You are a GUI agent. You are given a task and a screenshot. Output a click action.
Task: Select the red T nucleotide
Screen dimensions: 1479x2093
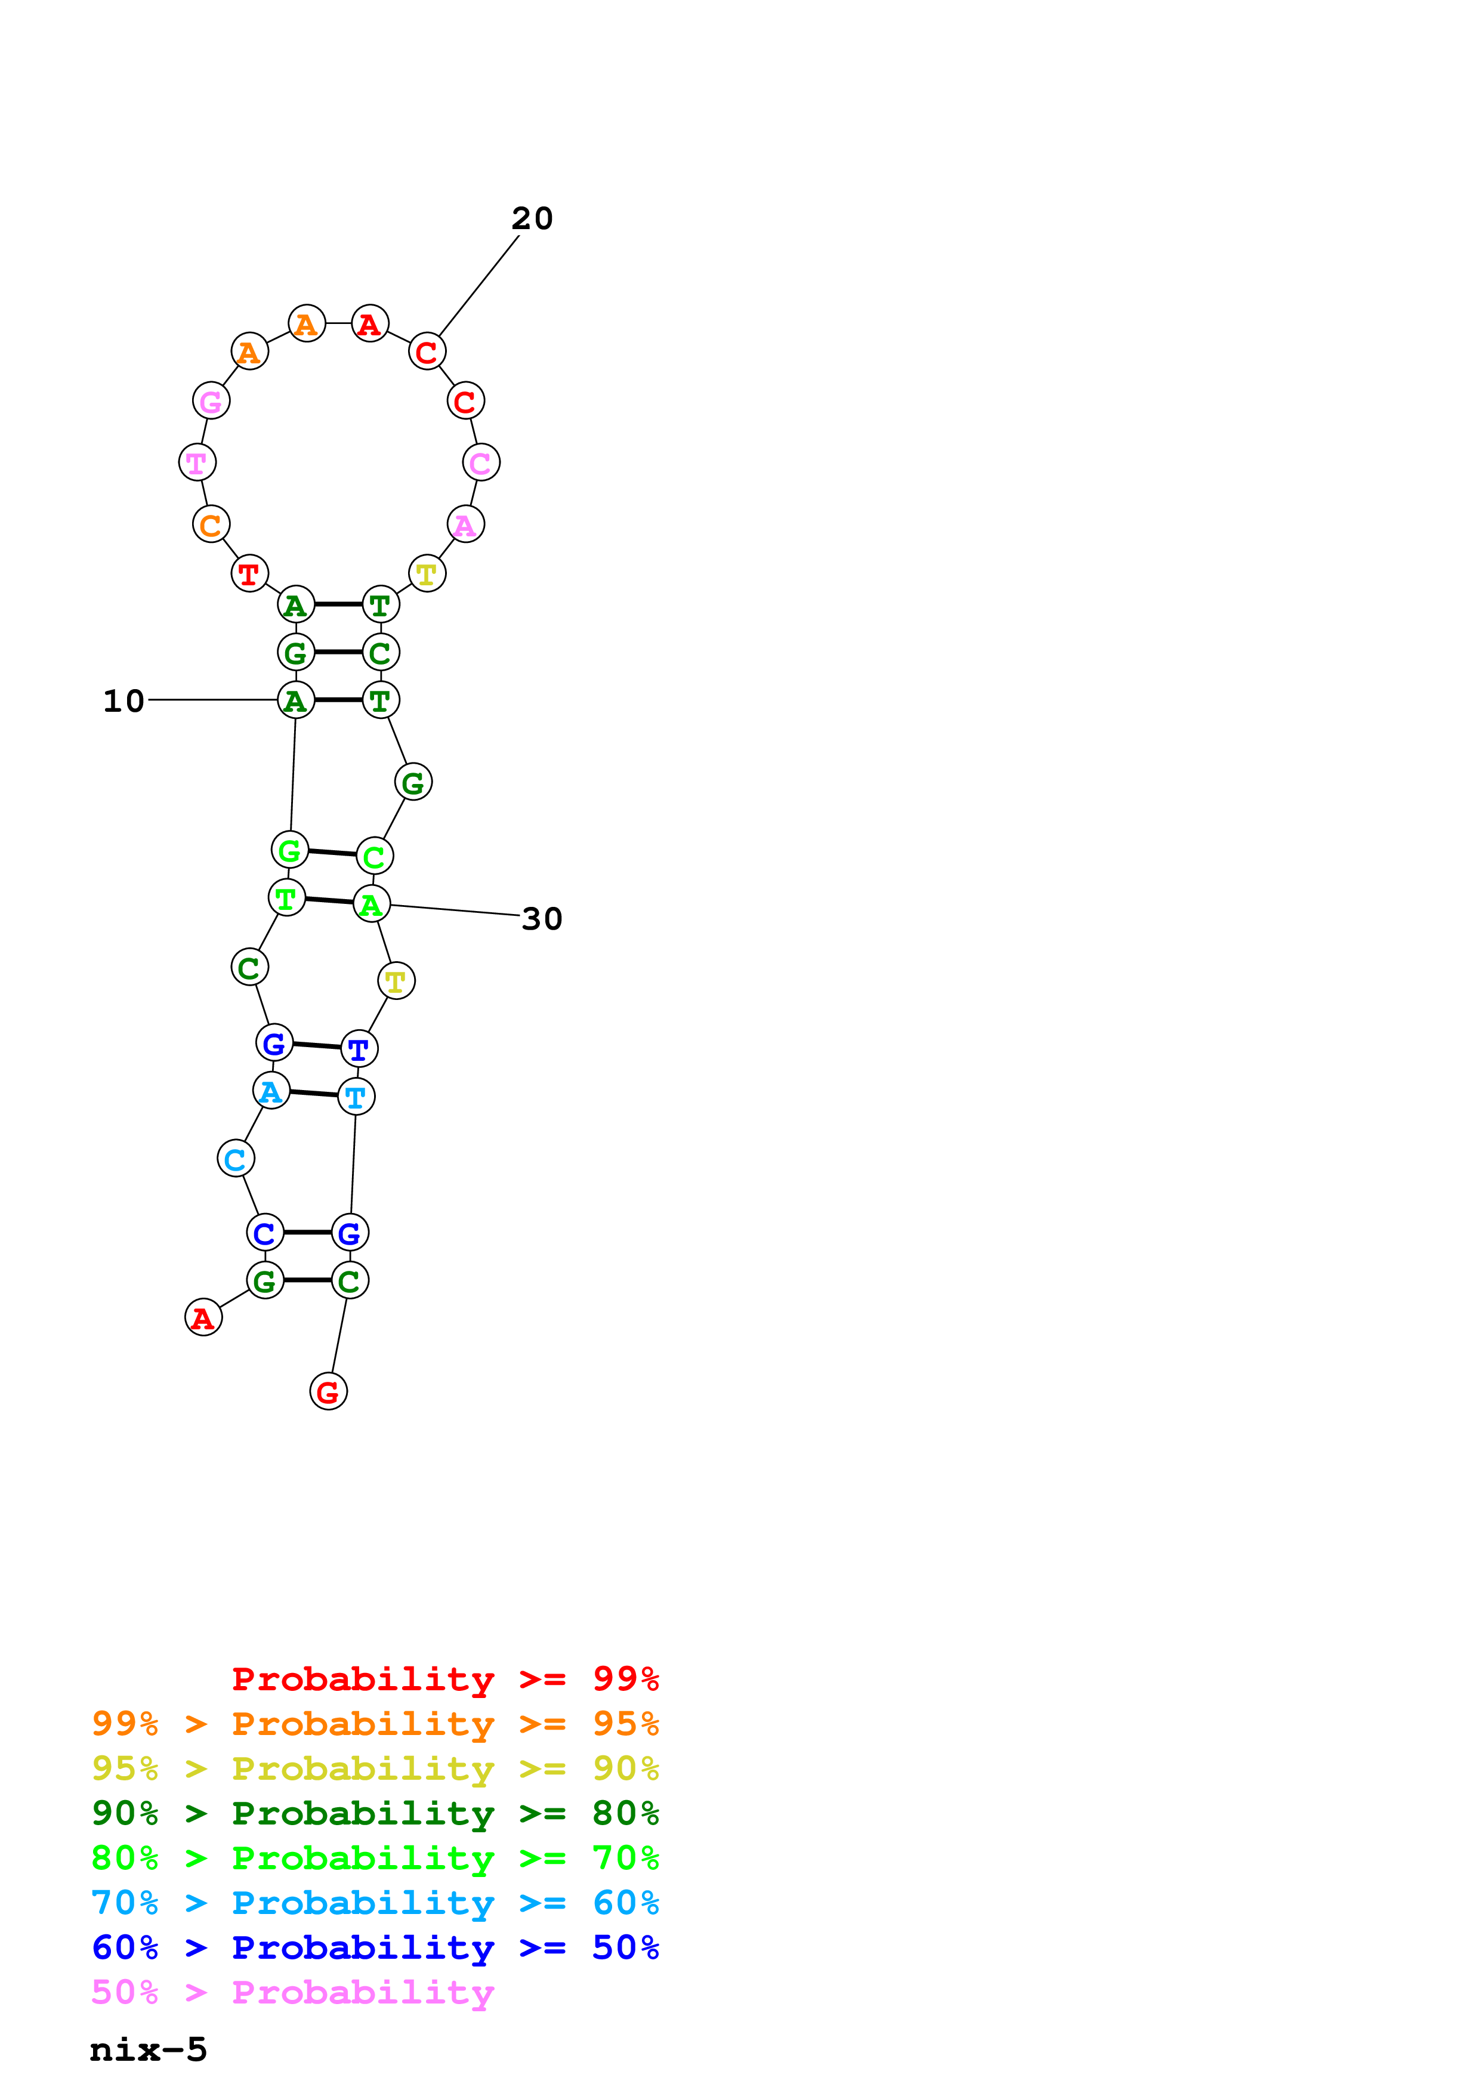(x=249, y=575)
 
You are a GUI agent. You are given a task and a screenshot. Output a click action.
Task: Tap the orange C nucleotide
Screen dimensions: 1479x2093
(x=211, y=525)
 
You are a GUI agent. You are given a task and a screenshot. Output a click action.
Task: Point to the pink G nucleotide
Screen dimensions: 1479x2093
(x=211, y=401)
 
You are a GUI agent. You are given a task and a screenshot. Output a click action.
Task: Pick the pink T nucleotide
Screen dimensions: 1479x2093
(x=197, y=463)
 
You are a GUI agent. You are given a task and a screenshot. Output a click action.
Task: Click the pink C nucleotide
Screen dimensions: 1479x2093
(x=480, y=463)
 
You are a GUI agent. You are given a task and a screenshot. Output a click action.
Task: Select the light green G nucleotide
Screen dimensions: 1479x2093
(x=290, y=851)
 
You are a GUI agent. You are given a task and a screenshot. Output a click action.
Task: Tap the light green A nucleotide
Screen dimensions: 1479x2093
(x=371, y=905)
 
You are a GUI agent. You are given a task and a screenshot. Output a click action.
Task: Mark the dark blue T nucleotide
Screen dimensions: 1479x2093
(x=359, y=1049)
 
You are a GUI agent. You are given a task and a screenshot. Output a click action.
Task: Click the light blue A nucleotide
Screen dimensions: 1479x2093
(x=271, y=1091)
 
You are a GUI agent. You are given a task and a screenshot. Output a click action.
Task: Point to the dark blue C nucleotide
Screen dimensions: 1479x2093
(x=264, y=1233)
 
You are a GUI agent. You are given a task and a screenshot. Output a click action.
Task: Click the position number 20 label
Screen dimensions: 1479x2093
(x=532, y=219)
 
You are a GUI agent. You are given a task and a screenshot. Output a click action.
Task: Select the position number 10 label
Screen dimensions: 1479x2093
(x=124, y=701)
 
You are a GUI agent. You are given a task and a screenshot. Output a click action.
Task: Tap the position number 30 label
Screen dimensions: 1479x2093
(x=542, y=919)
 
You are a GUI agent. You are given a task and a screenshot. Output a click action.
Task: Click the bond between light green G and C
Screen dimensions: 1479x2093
(x=332, y=853)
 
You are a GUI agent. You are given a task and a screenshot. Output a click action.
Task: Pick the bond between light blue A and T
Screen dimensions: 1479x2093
(x=313, y=1094)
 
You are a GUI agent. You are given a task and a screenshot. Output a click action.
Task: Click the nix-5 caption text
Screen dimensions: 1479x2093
(x=149, y=2049)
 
